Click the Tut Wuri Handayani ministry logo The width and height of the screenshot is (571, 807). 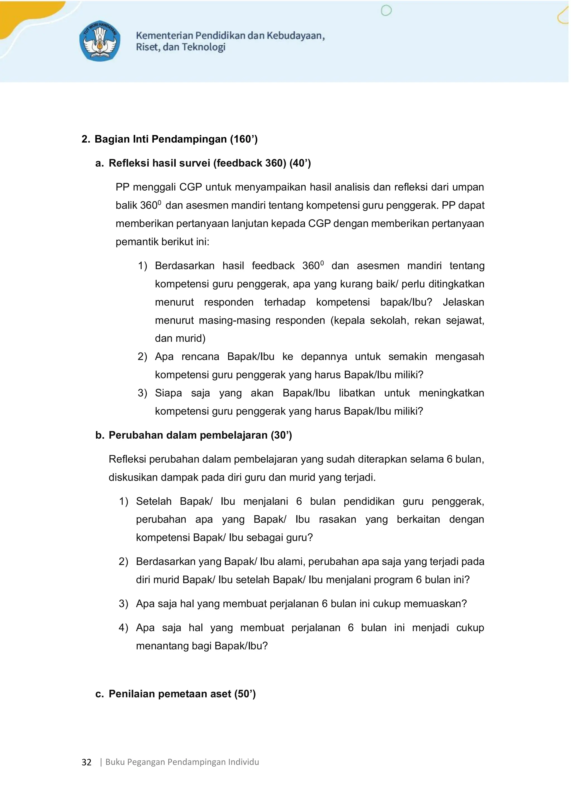[x=100, y=41]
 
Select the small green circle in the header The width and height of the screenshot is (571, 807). [x=386, y=11]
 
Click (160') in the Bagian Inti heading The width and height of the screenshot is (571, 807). [x=244, y=139]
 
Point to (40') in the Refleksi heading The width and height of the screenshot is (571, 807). [x=300, y=163]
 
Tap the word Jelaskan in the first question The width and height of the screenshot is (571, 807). [x=463, y=302]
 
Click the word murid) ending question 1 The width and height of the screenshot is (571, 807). [x=190, y=339]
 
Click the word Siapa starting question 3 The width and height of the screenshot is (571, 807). [x=168, y=393]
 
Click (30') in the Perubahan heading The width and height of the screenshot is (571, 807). [x=281, y=435]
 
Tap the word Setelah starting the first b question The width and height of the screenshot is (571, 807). [x=154, y=501]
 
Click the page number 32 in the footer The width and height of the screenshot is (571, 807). [x=86, y=762]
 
